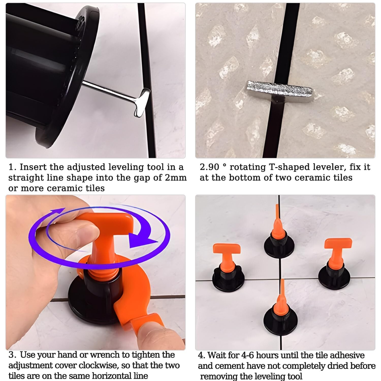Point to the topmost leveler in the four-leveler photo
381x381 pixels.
coord(279,239)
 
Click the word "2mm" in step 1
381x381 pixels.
coord(176,178)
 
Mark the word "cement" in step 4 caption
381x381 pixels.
coord(230,366)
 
